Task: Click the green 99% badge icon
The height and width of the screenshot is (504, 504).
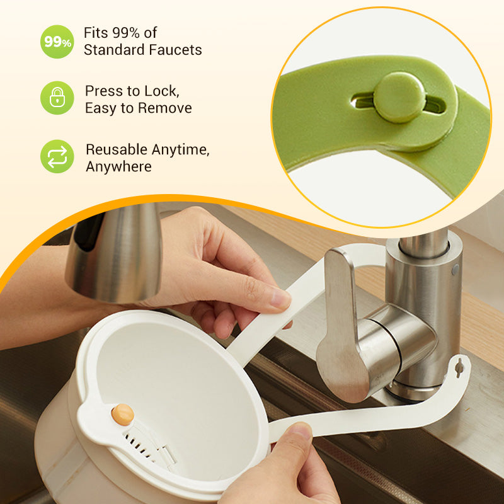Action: point(57,42)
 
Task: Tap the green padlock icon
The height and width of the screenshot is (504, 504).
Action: point(57,98)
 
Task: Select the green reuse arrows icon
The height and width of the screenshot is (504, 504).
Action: point(57,156)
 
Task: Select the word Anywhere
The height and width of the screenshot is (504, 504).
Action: point(118,166)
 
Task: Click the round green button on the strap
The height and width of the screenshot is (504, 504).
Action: point(398,96)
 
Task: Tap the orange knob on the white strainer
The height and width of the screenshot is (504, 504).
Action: point(123,414)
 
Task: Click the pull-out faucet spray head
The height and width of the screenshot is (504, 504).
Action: point(113,252)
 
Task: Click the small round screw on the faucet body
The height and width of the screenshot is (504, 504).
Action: point(455,269)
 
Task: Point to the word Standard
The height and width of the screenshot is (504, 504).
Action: point(113,50)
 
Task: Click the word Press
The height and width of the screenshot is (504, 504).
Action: point(103,91)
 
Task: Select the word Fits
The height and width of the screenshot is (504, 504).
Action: point(96,33)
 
